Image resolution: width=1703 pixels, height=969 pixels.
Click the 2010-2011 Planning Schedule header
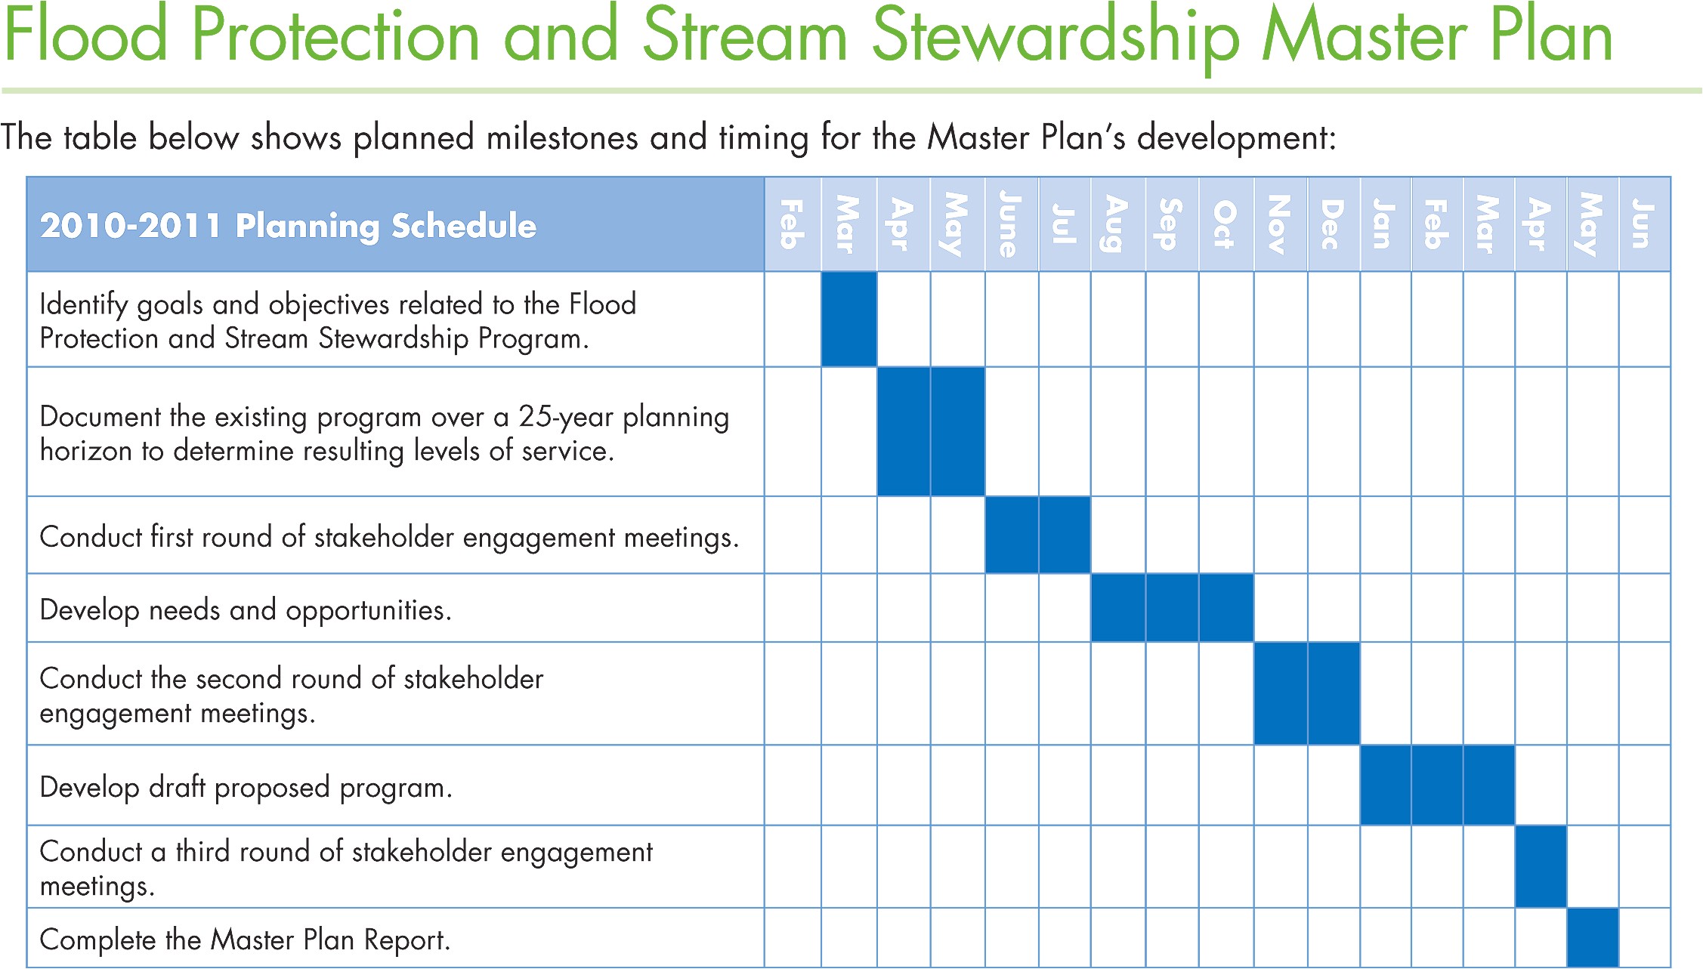(288, 226)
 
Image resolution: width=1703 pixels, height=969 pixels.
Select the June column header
(1011, 224)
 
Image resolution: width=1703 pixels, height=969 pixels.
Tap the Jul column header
(1064, 224)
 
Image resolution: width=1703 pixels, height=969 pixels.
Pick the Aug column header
(1117, 224)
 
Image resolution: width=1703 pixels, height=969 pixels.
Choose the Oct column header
(1225, 224)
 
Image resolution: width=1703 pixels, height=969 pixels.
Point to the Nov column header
(1280, 224)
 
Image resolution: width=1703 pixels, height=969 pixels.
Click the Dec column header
(1333, 224)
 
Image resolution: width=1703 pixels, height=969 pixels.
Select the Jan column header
(1385, 224)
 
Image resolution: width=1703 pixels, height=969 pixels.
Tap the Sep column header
(1171, 224)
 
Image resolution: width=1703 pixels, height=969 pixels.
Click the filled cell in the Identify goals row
(848, 319)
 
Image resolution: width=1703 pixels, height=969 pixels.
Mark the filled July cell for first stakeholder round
(1064, 535)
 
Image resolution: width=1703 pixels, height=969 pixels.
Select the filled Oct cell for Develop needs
(1225, 608)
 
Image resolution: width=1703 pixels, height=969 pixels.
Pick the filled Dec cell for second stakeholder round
(1333, 693)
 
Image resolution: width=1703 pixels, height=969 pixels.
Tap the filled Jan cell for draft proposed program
(1385, 785)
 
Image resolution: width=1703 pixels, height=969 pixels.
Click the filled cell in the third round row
(1541, 866)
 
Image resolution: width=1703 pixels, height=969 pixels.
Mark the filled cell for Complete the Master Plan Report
(1593, 937)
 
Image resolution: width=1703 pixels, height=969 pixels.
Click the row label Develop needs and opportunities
(246, 610)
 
